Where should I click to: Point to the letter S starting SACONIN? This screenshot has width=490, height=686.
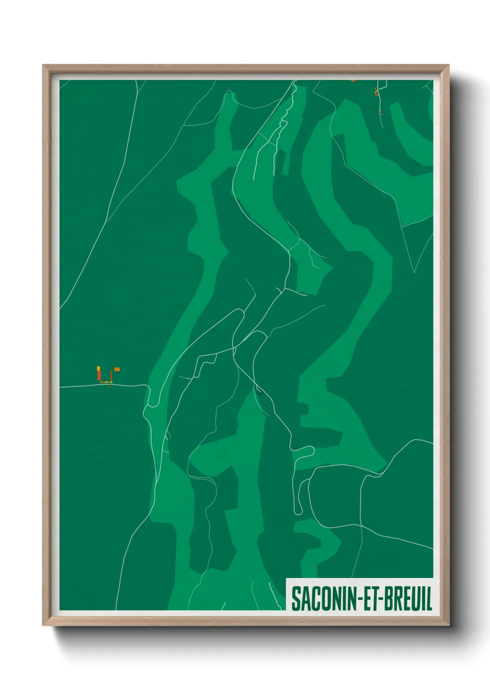pyautogui.click(x=295, y=598)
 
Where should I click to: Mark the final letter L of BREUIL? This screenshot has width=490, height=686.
pyautogui.click(x=429, y=598)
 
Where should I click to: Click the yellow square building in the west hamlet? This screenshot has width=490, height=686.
pyautogui.click(x=98, y=368)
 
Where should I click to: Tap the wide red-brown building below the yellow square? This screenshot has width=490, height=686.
pyautogui.click(x=99, y=375)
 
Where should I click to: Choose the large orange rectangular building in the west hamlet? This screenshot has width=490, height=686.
pyautogui.click(x=117, y=369)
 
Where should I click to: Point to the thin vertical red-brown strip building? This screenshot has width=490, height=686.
pyautogui.click(x=111, y=375)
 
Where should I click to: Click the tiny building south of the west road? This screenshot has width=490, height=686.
pyautogui.click(x=109, y=386)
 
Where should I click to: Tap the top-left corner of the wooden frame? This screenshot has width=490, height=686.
pyautogui.click(x=43, y=65)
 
